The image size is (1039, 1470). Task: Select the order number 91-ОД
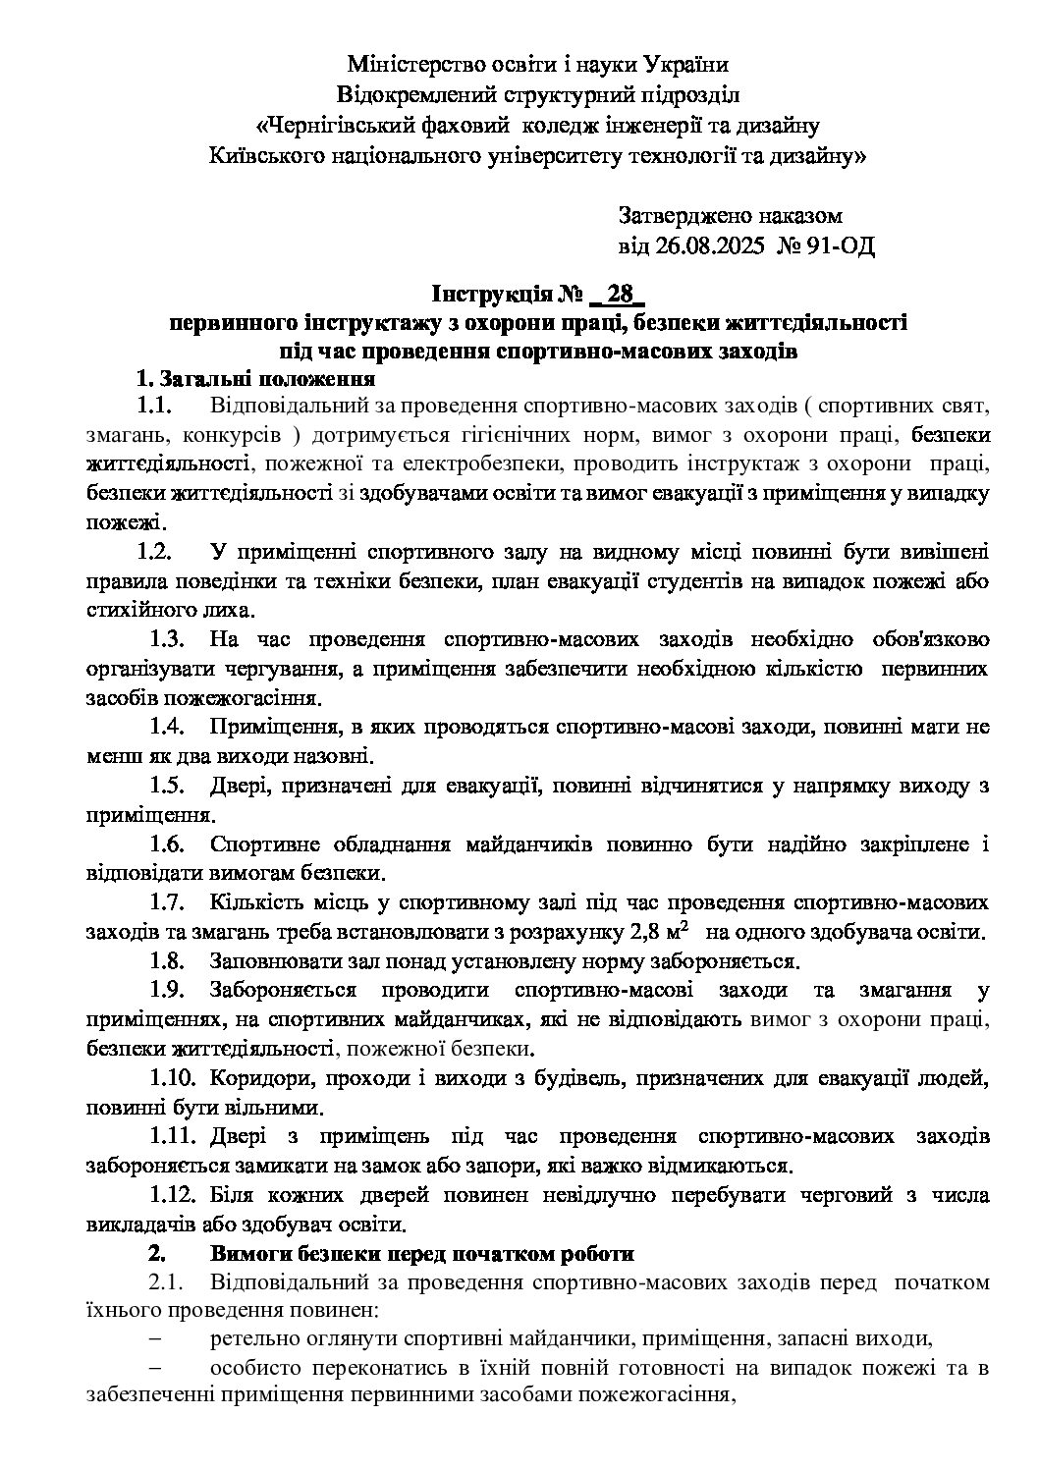pyautogui.click(x=842, y=245)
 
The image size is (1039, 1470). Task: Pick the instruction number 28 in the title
pyautogui.click(x=620, y=295)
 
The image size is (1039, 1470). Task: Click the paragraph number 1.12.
pyautogui.click(x=176, y=1195)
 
